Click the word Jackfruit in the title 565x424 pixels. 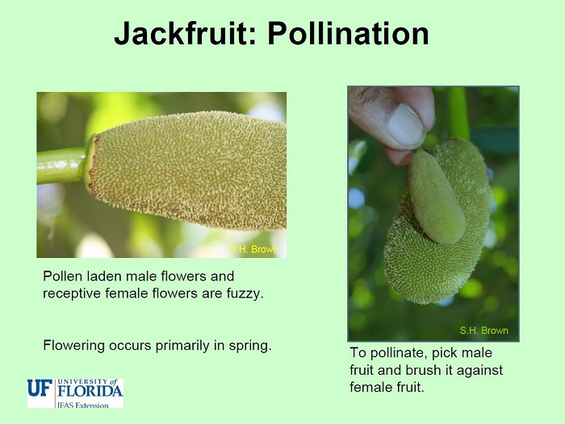186,34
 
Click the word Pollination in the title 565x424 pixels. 348,33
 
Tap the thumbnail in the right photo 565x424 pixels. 406,126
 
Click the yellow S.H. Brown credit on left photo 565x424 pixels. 254,249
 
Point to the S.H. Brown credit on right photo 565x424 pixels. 484,330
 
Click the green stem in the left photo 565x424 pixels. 61,165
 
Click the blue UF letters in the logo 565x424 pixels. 40,388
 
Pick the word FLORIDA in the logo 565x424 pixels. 90,391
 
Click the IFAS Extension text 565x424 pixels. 83,405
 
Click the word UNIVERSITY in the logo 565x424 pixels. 82,381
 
